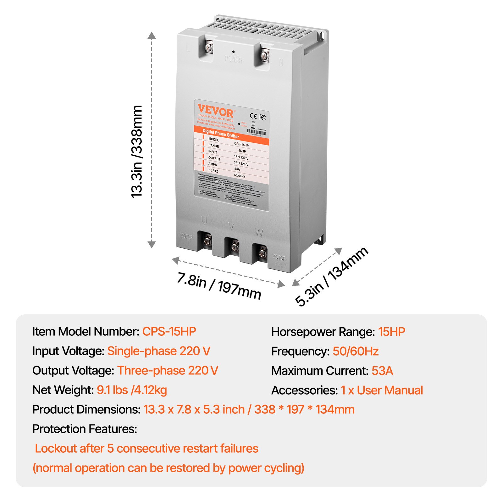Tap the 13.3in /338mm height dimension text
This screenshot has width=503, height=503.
pos(137,152)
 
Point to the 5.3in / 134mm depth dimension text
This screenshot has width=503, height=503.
pos(331,276)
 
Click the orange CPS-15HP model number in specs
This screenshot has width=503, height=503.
pos(169,331)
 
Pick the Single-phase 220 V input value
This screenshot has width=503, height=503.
pos(159,351)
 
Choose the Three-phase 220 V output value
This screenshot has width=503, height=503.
pos(168,370)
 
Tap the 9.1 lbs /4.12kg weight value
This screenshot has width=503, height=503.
pos(132,390)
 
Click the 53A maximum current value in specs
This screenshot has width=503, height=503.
pos(382,371)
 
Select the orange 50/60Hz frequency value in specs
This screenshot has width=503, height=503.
pos(356,351)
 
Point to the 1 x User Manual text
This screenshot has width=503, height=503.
pos(382,390)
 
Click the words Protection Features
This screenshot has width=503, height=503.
pos(85,429)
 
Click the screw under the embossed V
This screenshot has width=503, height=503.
pos(234,247)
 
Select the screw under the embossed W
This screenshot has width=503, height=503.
pos(262,252)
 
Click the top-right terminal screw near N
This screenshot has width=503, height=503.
pos(265,56)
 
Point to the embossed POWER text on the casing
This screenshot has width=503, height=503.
pos(233,59)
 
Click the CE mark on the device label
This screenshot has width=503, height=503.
pos(253,116)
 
